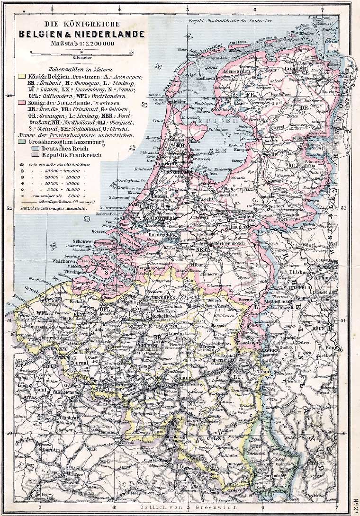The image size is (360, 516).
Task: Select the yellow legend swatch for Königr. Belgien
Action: (x=21, y=76)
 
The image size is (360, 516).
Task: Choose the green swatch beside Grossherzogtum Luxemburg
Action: (x=21, y=141)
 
